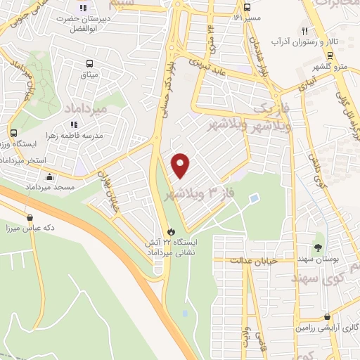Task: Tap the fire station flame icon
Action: (x=171, y=231)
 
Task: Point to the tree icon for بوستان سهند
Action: (x=318, y=247)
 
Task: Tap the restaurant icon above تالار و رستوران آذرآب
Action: (x=304, y=31)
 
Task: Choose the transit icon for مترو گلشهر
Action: (x=329, y=55)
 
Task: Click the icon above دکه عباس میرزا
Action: (x=30, y=218)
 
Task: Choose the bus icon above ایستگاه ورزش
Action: (x=13, y=132)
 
